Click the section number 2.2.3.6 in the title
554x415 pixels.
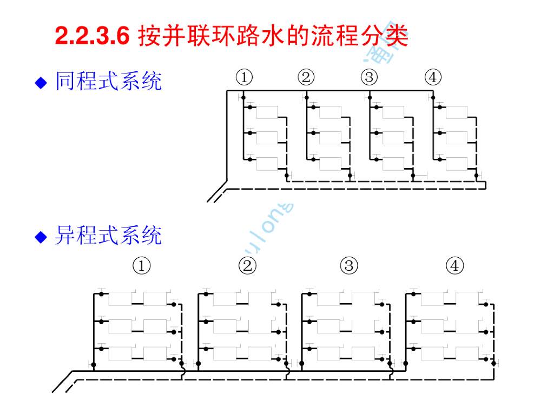click(93, 36)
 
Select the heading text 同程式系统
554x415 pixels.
click(108, 82)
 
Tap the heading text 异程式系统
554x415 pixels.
click(108, 236)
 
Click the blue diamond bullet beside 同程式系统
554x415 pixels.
click(41, 83)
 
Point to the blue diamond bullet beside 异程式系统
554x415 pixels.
click(41, 237)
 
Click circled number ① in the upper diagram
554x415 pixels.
click(244, 78)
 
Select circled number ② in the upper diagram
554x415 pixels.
click(306, 78)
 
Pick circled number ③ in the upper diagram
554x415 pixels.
click(370, 78)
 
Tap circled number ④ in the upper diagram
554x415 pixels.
click(433, 78)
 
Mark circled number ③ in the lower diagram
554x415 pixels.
click(349, 266)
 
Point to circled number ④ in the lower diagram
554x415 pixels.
click(455, 266)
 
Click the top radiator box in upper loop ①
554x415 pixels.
click(267, 112)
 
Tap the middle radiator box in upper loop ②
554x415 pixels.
click(330, 138)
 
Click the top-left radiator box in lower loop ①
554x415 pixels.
click(120, 298)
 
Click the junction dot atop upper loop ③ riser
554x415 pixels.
click(370, 98)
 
